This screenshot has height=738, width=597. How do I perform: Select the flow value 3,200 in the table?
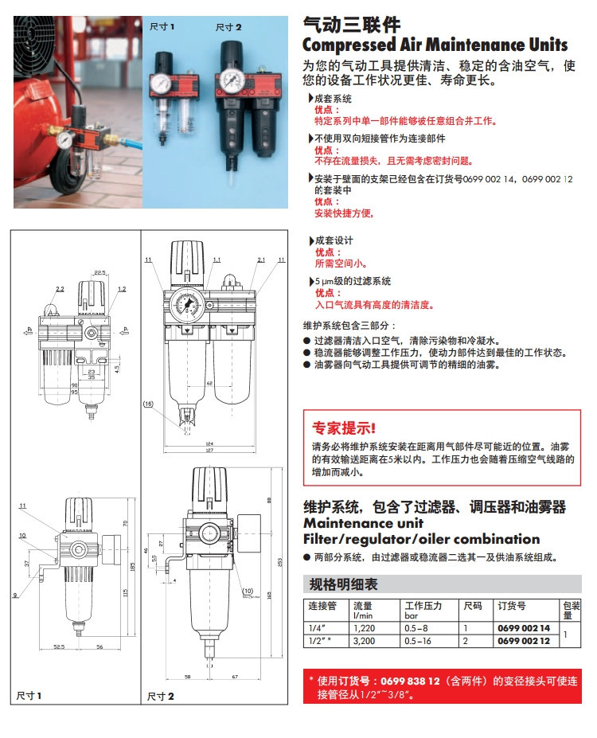click(365, 640)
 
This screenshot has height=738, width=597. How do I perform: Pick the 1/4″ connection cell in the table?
click(315, 629)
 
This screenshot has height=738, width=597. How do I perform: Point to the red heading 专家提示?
click(344, 428)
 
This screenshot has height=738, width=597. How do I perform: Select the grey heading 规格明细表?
click(343, 584)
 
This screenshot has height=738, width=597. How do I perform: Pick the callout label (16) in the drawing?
click(148, 404)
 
